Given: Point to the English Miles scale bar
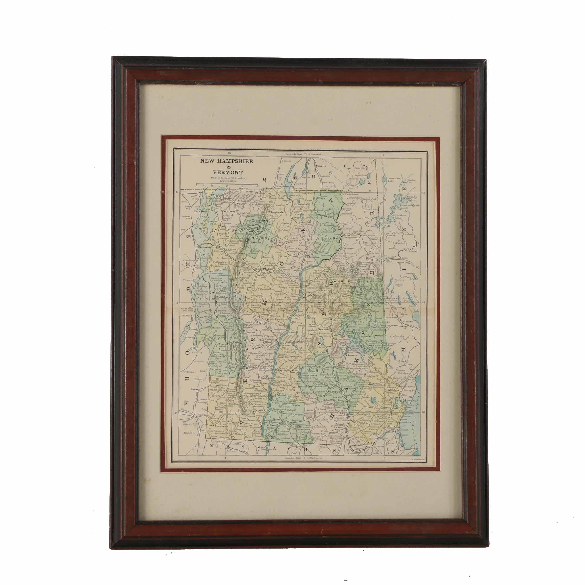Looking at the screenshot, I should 227,184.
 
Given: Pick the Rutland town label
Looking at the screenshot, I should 236,343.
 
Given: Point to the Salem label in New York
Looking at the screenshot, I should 194,389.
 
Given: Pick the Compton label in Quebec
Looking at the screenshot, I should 321,166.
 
